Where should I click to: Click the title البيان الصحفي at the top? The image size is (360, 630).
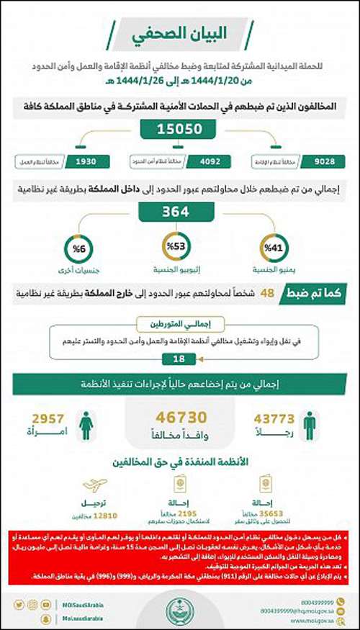pyautogui.click(x=181, y=35)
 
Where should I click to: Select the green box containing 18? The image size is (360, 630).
pyautogui.click(x=179, y=359)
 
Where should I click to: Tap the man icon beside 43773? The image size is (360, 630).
pyautogui.click(x=308, y=426)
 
